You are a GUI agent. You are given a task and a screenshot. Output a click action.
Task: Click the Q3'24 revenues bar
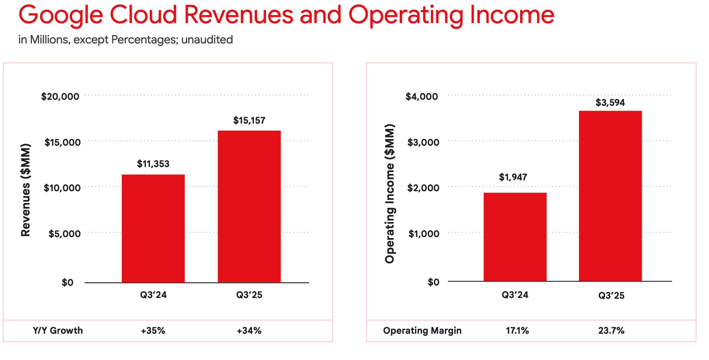click(x=153, y=228)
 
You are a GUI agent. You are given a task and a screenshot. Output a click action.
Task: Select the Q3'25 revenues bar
click(x=249, y=207)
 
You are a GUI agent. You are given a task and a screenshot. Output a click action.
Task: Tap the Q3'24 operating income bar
click(x=515, y=237)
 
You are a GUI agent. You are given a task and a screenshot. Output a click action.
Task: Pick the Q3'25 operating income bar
click(x=610, y=196)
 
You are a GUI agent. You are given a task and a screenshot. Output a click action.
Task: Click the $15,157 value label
click(x=249, y=120)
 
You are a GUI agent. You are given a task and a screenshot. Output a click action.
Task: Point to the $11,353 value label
click(x=153, y=164)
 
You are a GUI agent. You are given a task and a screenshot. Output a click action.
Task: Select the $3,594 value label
click(x=610, y=103)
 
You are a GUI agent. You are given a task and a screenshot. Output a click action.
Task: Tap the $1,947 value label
click(x=513, y=177)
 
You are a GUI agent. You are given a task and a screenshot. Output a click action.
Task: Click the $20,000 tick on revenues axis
click(x=60, y=97)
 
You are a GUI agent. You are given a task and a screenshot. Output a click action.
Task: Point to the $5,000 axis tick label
click(x=64, y=234)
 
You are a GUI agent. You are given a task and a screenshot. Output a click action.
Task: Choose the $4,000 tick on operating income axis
click(x=421, y=97)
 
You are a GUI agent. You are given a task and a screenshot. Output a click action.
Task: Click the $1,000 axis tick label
click(x=424, y=234)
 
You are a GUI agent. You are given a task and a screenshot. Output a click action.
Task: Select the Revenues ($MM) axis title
click(x=26, y=190)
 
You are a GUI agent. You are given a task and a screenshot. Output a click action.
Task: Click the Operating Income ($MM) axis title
click(x=389, y=194)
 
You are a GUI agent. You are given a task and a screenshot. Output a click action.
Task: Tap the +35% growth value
click(x=153, y=331)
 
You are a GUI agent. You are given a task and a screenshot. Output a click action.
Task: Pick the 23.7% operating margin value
click(x=611, y=331)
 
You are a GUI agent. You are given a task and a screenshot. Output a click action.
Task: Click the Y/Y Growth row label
click(x=58, y=331)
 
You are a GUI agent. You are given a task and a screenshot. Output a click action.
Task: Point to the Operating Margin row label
click(x=422, y=331)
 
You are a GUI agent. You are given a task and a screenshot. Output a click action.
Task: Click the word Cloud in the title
click(x=143, y=15)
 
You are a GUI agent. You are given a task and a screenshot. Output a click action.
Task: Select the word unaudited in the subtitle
click(x=207, y=40)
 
